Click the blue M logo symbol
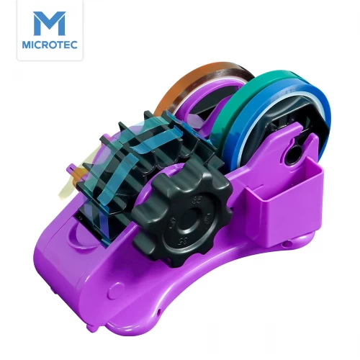click(50, 23)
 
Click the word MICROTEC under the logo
click(50, 45)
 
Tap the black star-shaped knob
click(182, 214)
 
